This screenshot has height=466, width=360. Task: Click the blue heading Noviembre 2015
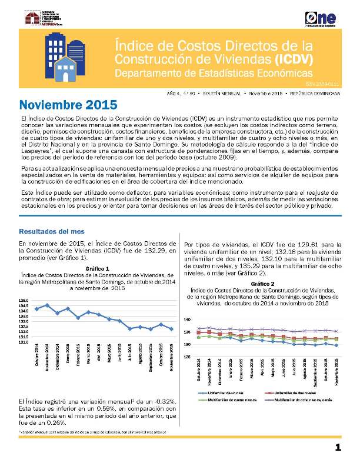click(x=68, y=105)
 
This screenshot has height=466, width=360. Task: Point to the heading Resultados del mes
click(x=48, y=231)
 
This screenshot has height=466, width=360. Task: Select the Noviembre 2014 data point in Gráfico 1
click(x=47, y=305)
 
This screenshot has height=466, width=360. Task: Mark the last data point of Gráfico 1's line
click(x=171, y=329)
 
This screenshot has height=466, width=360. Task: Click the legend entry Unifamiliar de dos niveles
click(x=296, y=392)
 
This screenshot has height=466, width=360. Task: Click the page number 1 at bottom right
click(x=338, y=448)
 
